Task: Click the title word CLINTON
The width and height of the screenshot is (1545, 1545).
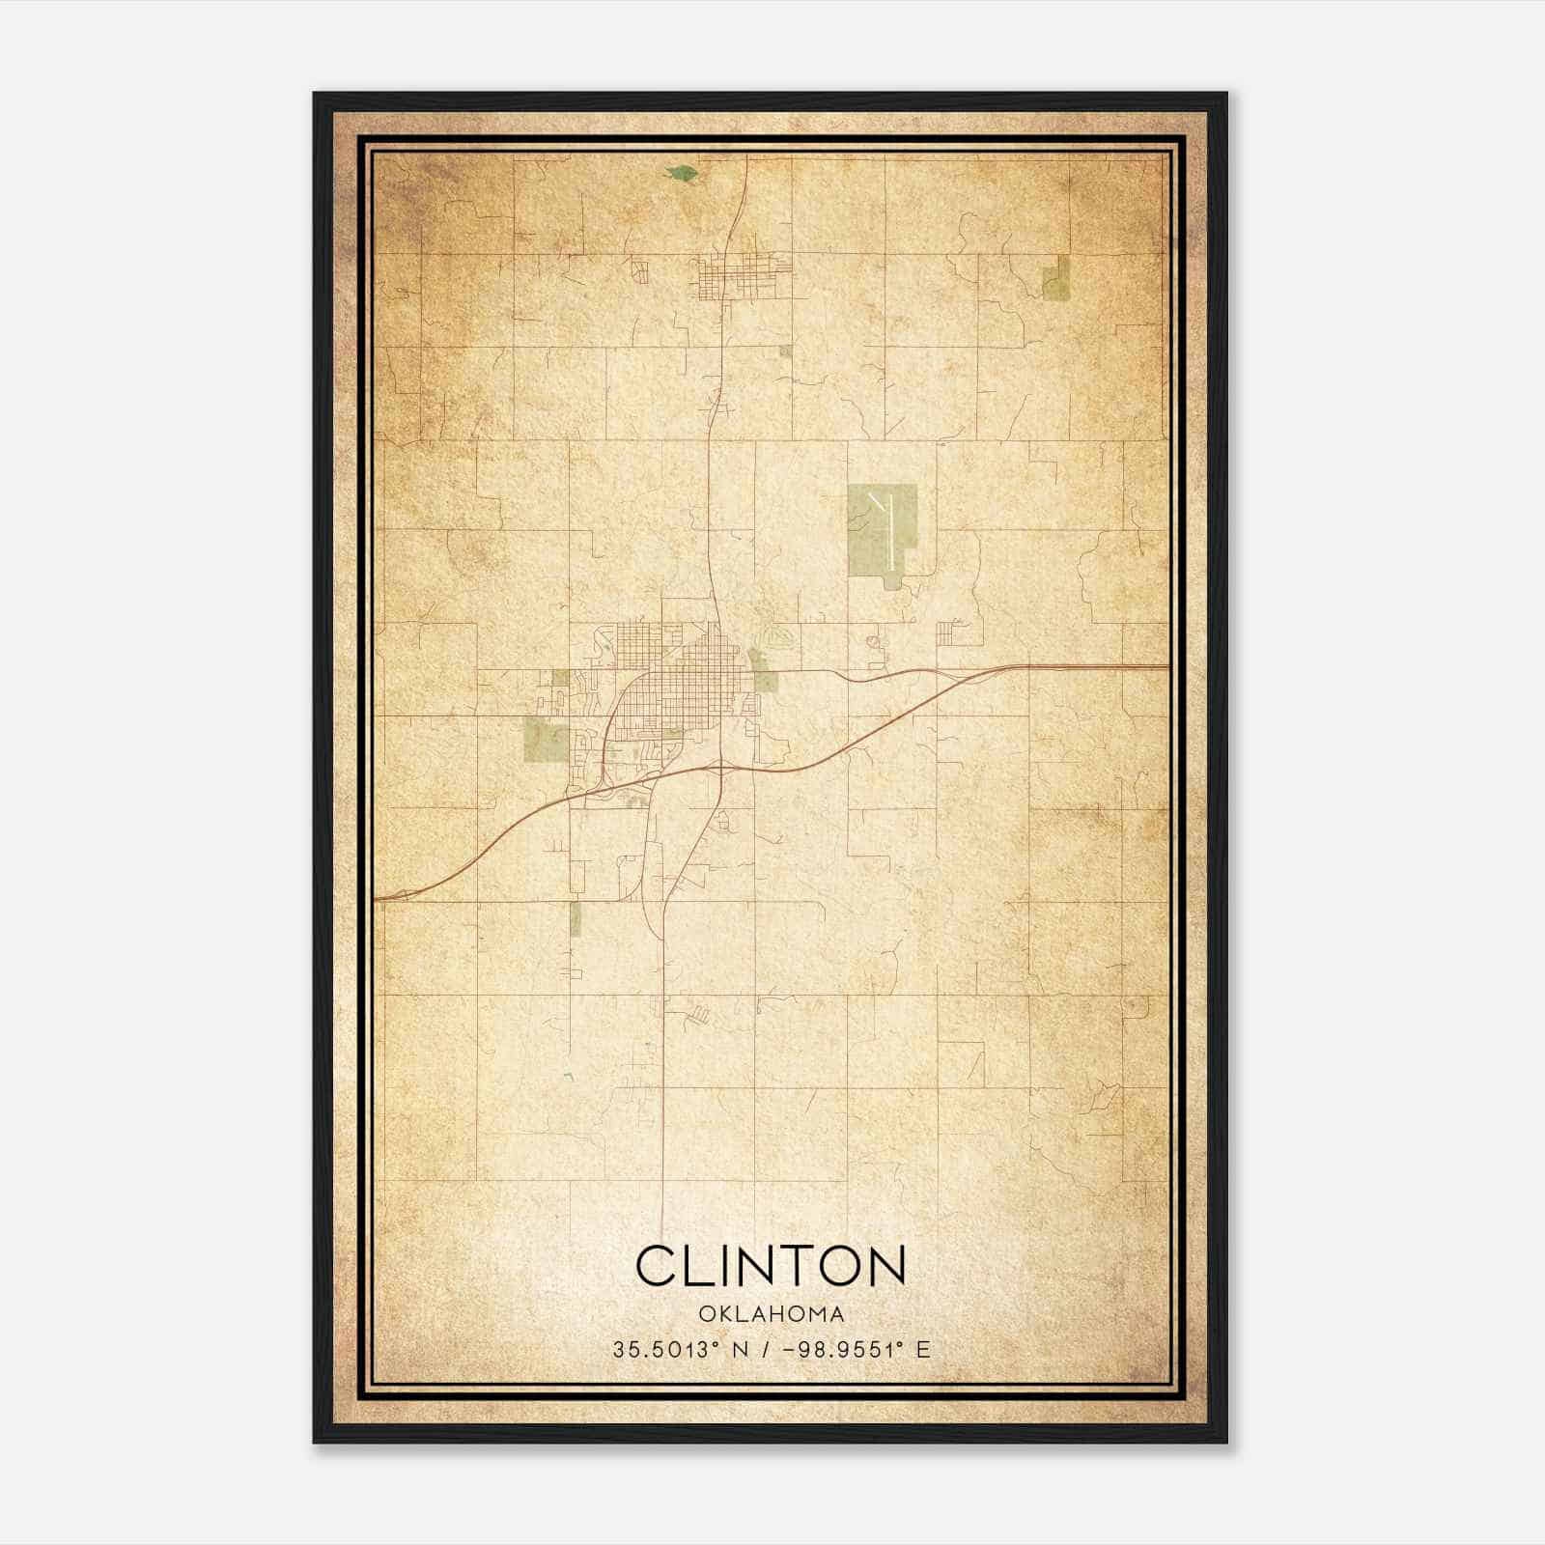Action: pos(771,1265)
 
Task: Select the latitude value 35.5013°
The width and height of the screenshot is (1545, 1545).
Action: pos(665,1350)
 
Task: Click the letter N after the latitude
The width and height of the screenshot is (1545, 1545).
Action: pos(742,1350)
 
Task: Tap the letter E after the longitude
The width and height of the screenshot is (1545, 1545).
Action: pos(924,1350)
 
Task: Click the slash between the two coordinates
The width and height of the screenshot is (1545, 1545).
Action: pos(764,1350)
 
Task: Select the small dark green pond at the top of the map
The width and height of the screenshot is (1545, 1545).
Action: pos(682,174)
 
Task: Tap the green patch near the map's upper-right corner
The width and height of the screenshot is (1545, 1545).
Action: pos(1055,278)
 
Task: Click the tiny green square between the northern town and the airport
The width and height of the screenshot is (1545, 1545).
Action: pos(785,351)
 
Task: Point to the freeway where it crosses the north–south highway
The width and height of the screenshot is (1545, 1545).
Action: pos(719,767)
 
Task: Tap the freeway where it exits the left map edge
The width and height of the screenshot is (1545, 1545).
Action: pos(379,898)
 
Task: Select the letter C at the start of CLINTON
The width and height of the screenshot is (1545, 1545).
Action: pos(655,1265)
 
